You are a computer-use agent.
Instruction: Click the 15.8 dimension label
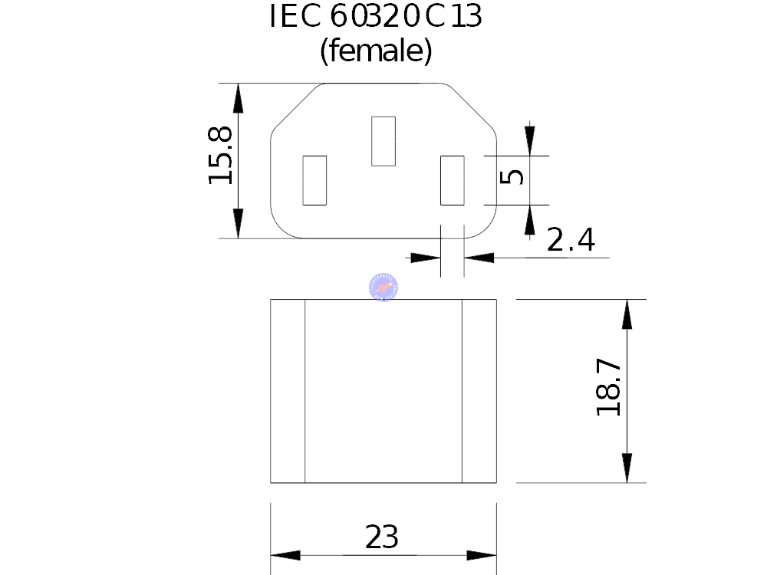(221, 156)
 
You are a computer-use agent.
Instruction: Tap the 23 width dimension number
(381, 537)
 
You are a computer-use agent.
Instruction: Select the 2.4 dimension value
(571, 241)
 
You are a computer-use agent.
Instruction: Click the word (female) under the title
(376, 52)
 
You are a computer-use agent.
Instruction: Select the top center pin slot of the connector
(383, 141)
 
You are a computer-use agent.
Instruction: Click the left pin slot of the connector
(314, 180)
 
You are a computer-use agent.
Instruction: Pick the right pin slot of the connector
(453, 180)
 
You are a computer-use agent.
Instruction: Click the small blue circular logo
(383, 286)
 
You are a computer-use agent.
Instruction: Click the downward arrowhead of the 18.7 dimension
(627, 468)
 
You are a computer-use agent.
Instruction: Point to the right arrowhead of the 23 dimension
(482, 555)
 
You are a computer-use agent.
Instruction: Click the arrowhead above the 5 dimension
(529, 140)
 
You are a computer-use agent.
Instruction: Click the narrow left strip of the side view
(288, 391)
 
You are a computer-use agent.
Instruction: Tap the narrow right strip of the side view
(479, 391)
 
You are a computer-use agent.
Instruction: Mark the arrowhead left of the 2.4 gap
(426, 258)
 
